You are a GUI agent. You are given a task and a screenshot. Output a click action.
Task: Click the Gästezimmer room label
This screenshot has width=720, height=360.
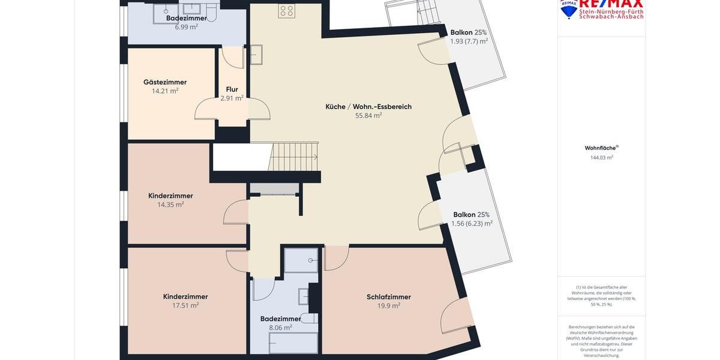point(165,82)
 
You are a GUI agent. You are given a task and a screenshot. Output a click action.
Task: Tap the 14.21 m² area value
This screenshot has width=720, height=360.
point(165,91)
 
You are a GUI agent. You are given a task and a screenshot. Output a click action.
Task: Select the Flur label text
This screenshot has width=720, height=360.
point(232,89)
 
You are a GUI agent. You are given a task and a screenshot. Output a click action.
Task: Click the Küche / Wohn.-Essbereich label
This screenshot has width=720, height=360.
point(368,107)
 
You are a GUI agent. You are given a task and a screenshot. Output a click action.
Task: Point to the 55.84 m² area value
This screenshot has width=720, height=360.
point(368,116)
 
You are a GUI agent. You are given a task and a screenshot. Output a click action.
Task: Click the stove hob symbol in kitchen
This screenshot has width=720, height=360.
point(286,10)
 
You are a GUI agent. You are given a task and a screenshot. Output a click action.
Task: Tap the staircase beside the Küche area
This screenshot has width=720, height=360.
point(294,157)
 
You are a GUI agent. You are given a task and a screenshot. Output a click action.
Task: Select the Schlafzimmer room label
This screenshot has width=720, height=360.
point(389,297)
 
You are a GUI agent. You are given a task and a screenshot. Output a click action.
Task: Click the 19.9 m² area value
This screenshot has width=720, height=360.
point(389,305)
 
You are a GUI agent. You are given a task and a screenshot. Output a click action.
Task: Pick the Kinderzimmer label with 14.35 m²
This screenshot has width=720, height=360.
point(170,196)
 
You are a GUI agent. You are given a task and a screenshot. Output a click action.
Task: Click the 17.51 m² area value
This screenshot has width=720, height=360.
point(185,305)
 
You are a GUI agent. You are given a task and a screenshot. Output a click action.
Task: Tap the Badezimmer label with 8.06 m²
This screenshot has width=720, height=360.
point(281,319)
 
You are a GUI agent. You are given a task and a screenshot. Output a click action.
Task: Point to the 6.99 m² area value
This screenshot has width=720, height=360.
point(186,27)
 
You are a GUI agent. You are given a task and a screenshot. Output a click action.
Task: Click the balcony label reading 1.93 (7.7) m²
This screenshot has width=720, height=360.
point(469,41)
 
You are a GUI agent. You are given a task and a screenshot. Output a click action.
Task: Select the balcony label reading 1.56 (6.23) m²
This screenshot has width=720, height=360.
point(472,223)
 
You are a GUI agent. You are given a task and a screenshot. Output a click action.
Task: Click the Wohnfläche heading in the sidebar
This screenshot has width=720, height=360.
point(601,148)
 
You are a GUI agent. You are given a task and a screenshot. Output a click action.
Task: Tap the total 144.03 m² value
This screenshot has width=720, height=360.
point(601,158)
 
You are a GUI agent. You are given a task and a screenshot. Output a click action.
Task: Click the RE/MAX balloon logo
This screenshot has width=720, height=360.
point(568,8)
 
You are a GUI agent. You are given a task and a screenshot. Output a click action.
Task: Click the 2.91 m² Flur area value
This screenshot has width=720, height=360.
point(232,98)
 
